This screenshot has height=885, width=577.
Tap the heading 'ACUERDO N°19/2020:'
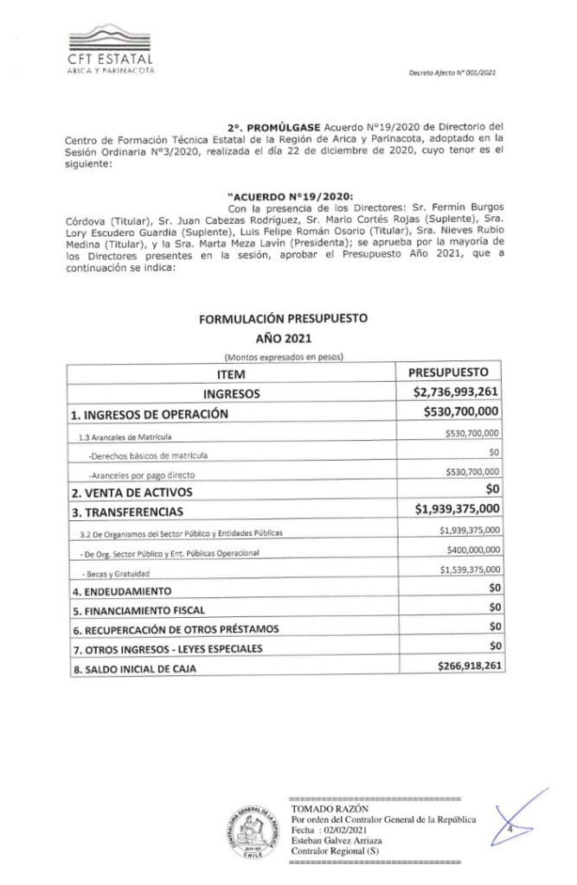tap(277, 195)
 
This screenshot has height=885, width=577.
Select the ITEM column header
tap(232, 374)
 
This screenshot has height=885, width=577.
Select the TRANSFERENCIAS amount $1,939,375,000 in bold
tap(457, 510)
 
